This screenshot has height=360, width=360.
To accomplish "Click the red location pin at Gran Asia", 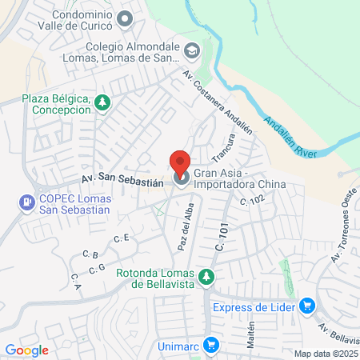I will [x=181, y=162].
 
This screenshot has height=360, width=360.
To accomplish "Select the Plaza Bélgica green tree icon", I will [x=102, y=102].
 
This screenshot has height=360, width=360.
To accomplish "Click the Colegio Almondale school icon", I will [x=192, y=52].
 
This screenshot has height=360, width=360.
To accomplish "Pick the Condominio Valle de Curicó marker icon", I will [x=125, y=18].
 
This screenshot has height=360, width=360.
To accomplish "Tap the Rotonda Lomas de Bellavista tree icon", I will [x=207, y=277].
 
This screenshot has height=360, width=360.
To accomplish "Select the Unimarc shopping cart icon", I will [x=211, y=345].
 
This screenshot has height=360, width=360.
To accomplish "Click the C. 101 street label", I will [x=222, y=239].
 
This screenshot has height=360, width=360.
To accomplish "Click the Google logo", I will [x=26, y=350].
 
